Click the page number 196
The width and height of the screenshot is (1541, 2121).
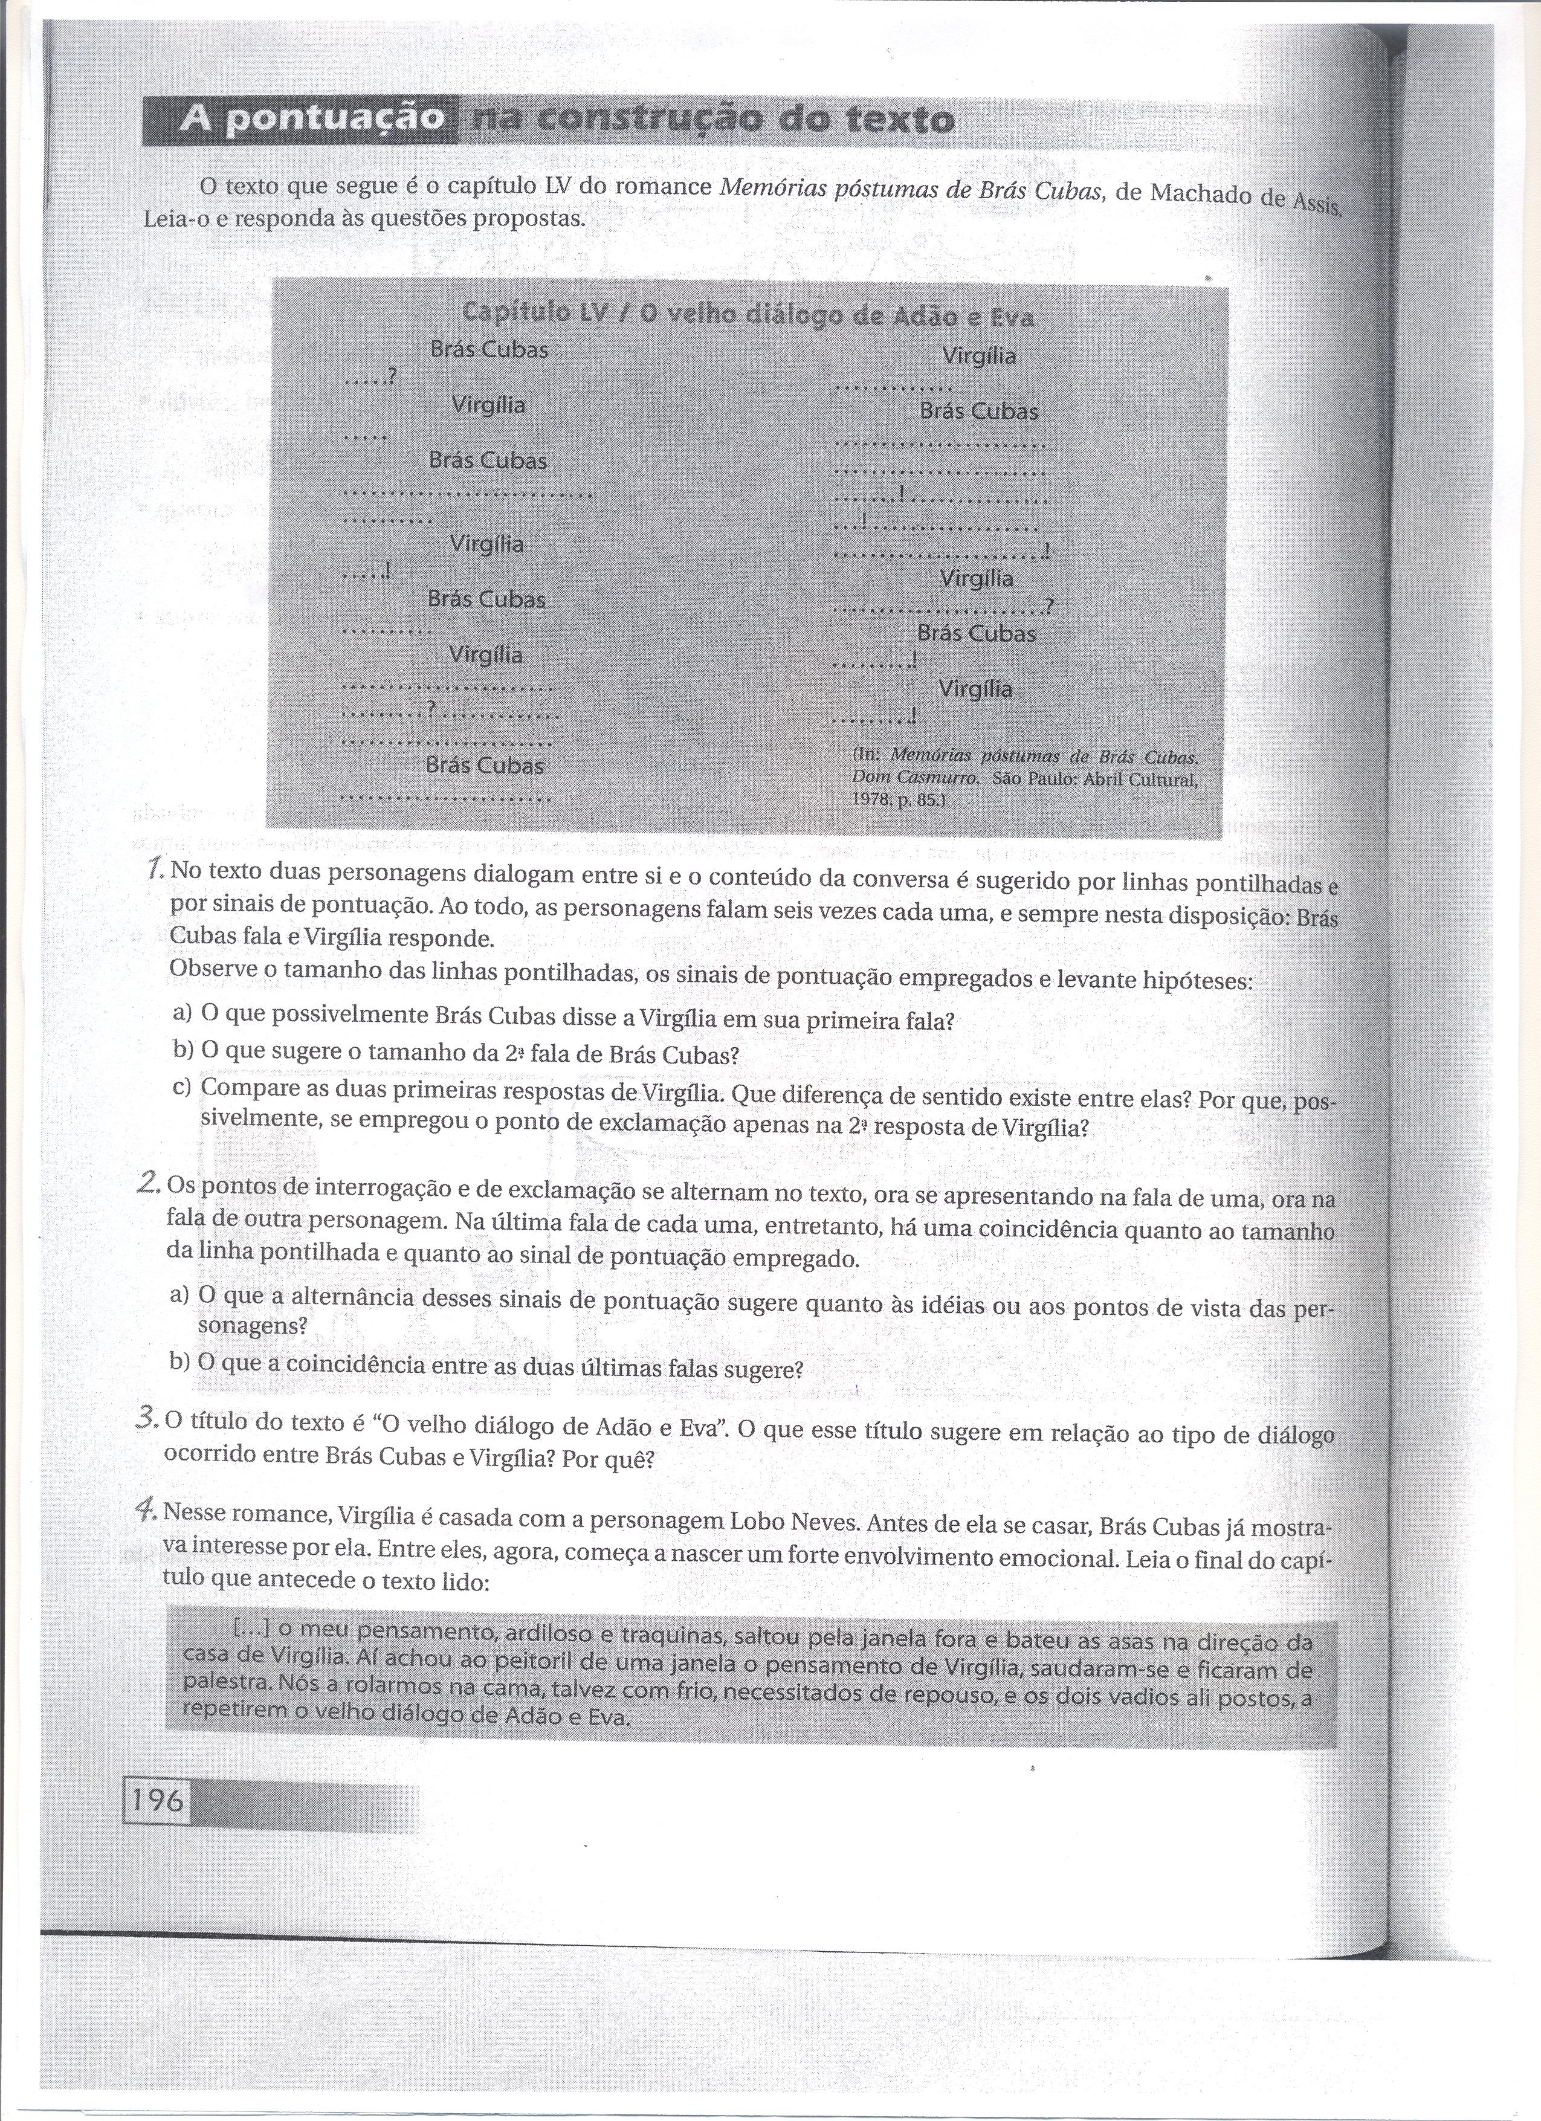coord(156,1798)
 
